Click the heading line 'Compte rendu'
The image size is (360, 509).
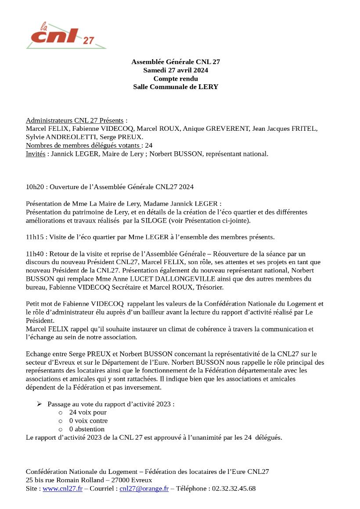[176, 79]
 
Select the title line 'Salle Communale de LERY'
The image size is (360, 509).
[176, 87]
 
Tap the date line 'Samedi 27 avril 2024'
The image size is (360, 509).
[176, 70]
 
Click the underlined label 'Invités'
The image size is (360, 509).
[36, 154]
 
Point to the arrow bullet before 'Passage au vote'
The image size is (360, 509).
[39, 404]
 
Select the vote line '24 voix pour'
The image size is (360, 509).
[88, 412]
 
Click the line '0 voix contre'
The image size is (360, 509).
[88, 421]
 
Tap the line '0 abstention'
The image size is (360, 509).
[87, 429]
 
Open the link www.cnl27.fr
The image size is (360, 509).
[62, 489]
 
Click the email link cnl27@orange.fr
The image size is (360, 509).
[144, 489]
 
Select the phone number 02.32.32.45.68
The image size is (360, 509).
[232, 489]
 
